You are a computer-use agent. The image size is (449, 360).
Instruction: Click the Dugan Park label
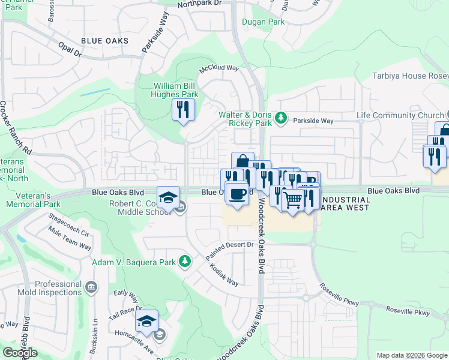pos(262,22)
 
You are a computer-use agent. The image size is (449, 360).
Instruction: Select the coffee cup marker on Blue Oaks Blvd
pos(238,193)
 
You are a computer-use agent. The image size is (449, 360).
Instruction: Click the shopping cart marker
pos(292,200)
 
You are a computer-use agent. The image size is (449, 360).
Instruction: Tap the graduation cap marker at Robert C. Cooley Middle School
pos(168,197)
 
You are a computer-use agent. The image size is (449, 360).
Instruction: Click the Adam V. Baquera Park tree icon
pos(186,261)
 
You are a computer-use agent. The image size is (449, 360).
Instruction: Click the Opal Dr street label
pos(70,49)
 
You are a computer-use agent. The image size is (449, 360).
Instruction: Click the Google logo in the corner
pos(20,353)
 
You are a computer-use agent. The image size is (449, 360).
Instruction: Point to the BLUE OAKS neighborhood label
pos(104,41)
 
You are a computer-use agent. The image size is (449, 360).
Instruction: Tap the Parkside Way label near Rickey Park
pos(313,121)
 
